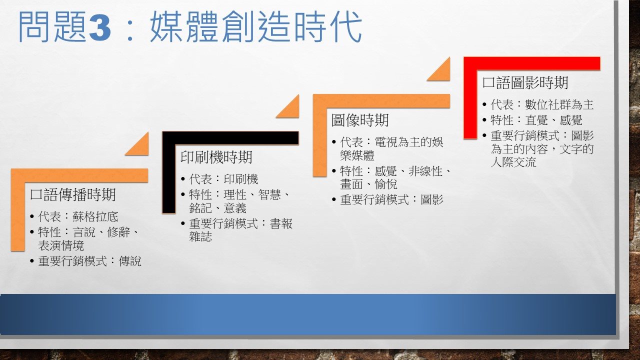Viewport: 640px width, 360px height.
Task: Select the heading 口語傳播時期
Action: (x=73, y=195)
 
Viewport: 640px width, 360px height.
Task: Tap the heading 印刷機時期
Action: (x=216, y=157)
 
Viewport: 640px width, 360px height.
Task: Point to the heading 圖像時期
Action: (x=360, y=120)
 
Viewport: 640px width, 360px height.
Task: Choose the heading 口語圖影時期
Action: (x=525, y=83)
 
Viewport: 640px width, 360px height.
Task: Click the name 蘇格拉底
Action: (x=95, y=217)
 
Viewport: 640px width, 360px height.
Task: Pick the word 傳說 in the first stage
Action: (x=130, y=261)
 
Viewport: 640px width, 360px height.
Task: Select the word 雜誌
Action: (x=200, y=237)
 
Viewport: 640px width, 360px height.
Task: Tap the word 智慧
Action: (x=269, y=195)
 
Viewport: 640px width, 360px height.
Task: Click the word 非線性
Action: (x=425, y=171)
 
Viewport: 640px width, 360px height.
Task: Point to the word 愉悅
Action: (x=386, y=184)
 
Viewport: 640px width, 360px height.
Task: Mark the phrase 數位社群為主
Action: (x=559, y=104)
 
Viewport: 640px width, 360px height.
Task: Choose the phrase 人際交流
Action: (x=513, y=162)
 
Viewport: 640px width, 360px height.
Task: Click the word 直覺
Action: (x=536, y=120)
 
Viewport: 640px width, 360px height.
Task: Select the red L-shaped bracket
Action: (x=470, y=64)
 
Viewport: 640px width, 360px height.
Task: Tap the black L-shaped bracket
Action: (x=169, y=138)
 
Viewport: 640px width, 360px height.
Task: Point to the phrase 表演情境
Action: (x=61, y=245)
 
